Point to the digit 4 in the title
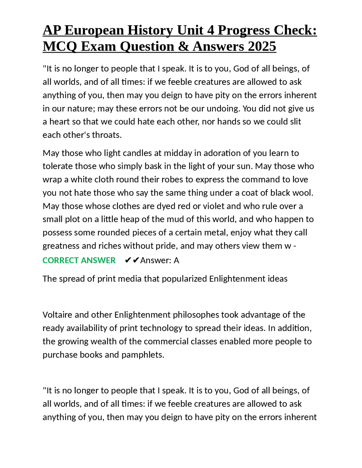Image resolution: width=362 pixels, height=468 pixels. pos(210,30)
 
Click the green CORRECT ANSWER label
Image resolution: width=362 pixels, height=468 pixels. pos(79,260)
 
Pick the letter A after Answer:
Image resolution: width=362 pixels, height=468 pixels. pos(176,260)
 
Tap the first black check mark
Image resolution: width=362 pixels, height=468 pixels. pos(128,260)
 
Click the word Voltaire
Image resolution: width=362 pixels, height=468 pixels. pos(59,315)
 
